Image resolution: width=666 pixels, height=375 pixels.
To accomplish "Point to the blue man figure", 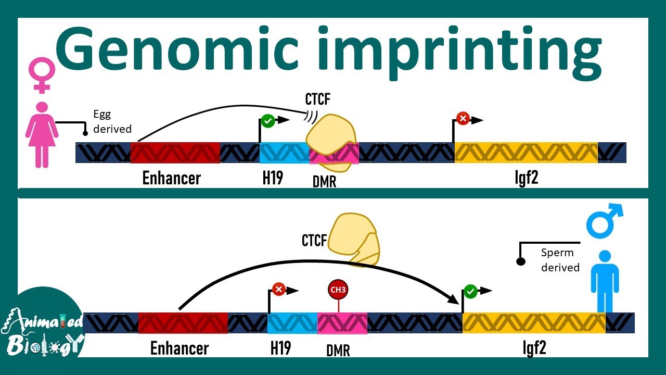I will [x=605, y=281].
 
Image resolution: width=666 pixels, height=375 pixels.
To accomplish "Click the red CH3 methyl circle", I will [x=338, y=290].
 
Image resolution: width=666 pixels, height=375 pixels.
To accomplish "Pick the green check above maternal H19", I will [x=267, y=121].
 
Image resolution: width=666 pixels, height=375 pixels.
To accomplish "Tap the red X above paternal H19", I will [x=278, y=289].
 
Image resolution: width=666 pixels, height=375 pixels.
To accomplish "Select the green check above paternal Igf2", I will [x=470, y=291].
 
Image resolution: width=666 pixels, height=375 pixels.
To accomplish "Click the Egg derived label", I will [x=112, y=121].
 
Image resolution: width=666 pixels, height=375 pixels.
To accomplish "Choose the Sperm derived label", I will [x=560, y=260].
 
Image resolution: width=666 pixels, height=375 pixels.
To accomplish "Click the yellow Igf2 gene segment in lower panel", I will [x=533, y=323].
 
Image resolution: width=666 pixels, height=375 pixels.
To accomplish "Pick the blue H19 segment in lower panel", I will [x=292, y=323].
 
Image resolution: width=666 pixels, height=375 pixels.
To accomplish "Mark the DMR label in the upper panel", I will [x=324, y=181].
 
